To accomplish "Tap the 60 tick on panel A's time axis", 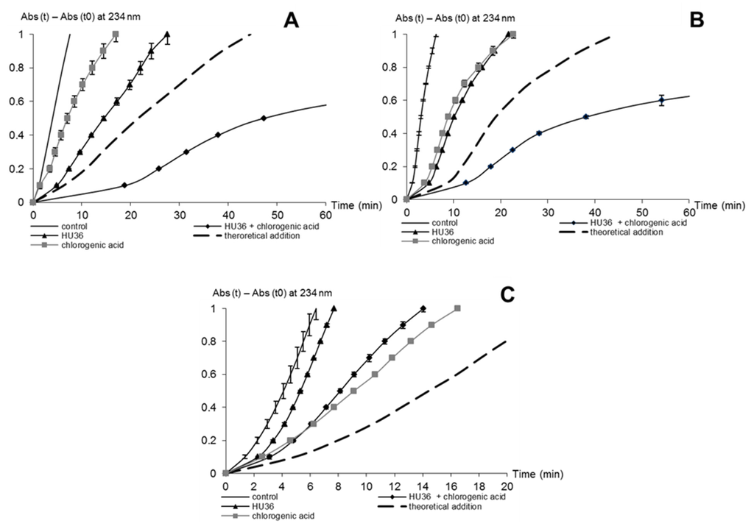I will point(326,214).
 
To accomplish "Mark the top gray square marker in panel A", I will point(115,35).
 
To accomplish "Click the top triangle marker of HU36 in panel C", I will point(334,309).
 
